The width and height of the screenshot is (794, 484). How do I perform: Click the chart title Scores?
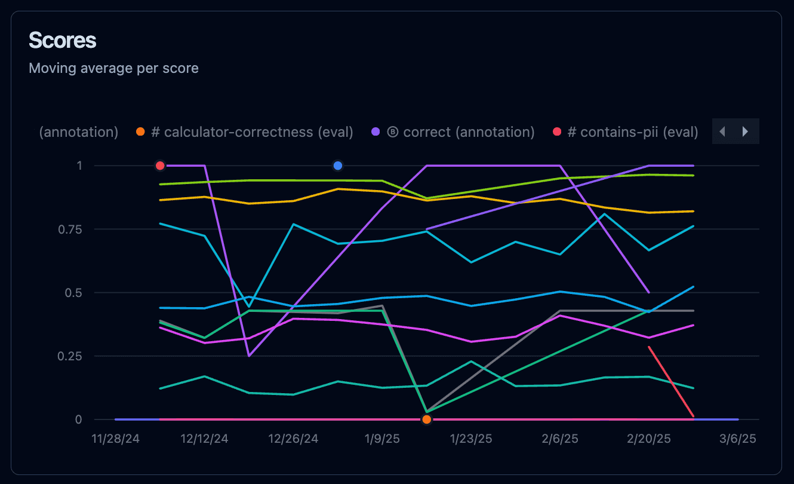[x=63, y=41]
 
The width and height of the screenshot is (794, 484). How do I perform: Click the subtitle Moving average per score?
[x=113, y=68]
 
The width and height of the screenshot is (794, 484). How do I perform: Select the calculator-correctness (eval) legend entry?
[x=251, y=132]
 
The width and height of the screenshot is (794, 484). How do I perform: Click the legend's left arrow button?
[x=723, y=131]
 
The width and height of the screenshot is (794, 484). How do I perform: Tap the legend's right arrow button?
[x=745, y=131]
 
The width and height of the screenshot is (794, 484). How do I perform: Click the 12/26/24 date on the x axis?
[x=293, y=439]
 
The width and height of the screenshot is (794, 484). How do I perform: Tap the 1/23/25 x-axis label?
[x=471, y=439]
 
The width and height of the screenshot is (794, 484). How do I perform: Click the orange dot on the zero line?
[x=426, y=419]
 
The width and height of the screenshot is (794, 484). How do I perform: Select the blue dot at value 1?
[x=338, y=166]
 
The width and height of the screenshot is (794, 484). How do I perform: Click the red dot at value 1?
[x=160, y=166]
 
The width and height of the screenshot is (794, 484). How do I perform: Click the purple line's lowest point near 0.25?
[x=249, y=356]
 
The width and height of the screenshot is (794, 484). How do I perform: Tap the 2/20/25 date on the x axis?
[x=649, y=439]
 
